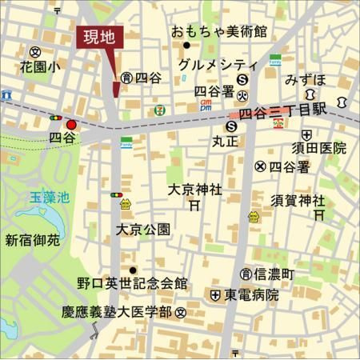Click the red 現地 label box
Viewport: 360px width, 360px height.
tap(102, 38)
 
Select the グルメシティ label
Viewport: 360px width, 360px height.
tap(218, 65)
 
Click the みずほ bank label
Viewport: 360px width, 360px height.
tap(306, 82)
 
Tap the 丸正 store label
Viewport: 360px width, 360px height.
tap(228, 141)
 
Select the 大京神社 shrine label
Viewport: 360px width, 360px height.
tap(195, 190)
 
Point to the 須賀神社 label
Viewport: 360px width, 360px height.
tap(298, 199)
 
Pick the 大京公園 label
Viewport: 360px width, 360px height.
tap(142, 230)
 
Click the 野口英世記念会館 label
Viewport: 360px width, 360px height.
tap(132, 283)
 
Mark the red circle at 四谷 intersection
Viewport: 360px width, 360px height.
tap(72, 125)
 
